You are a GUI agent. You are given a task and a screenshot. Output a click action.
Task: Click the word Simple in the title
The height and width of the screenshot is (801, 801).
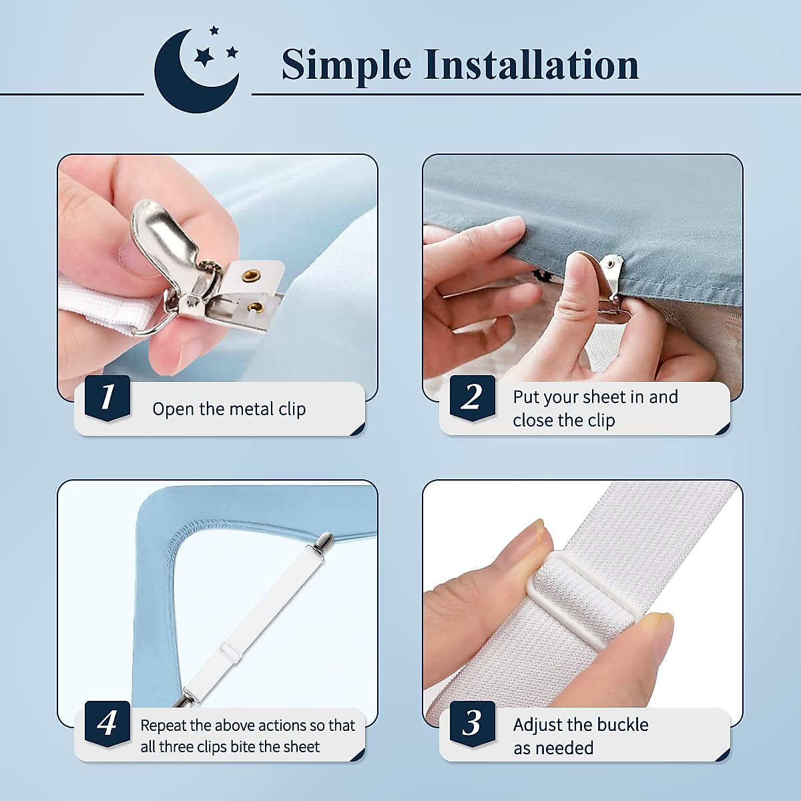pos(346,65)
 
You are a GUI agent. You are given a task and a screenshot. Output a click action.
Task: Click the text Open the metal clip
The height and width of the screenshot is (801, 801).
pos(229,409)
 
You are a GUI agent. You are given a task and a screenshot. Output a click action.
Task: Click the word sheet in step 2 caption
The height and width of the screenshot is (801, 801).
pos(605,397)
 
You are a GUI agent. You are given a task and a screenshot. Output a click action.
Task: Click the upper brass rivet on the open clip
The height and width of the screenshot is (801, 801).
pos(250,274)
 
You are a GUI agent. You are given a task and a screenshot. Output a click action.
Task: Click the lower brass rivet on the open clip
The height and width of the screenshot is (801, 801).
pos(255,307)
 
